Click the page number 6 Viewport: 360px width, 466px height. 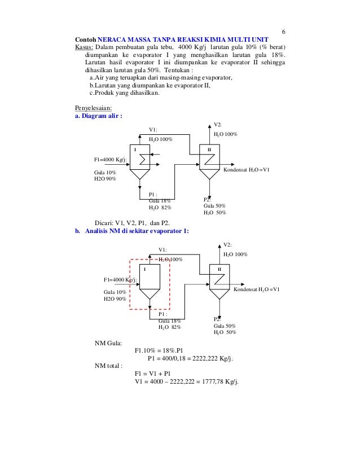284,31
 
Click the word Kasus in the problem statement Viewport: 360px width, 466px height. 84,47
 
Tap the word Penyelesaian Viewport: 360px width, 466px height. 94,107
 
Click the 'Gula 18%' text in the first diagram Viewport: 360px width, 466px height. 160,201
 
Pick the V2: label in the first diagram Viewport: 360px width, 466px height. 218,124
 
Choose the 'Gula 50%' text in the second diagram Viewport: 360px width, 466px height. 224,326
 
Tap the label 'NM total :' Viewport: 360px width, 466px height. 109,366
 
